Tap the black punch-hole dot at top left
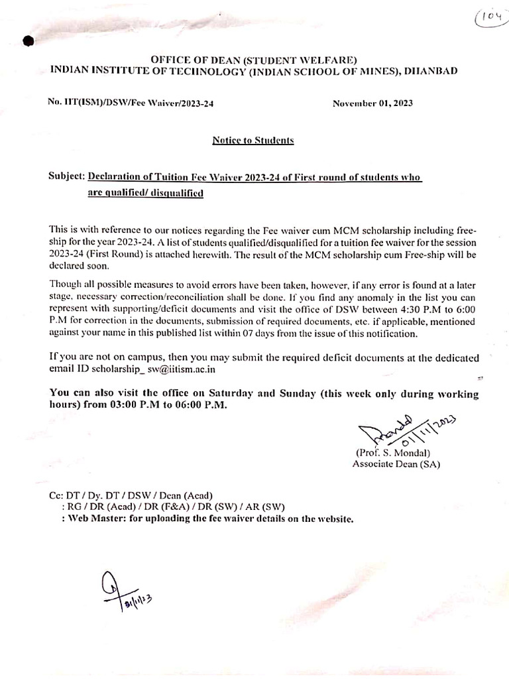(x=28, y=42)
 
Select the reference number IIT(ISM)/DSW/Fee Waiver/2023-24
(x=131, y=103)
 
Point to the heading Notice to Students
(x=253, y=141)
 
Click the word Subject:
(x=67, y=178)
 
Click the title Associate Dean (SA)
(x=396, y=464)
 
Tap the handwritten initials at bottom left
(x=126, y=591)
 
